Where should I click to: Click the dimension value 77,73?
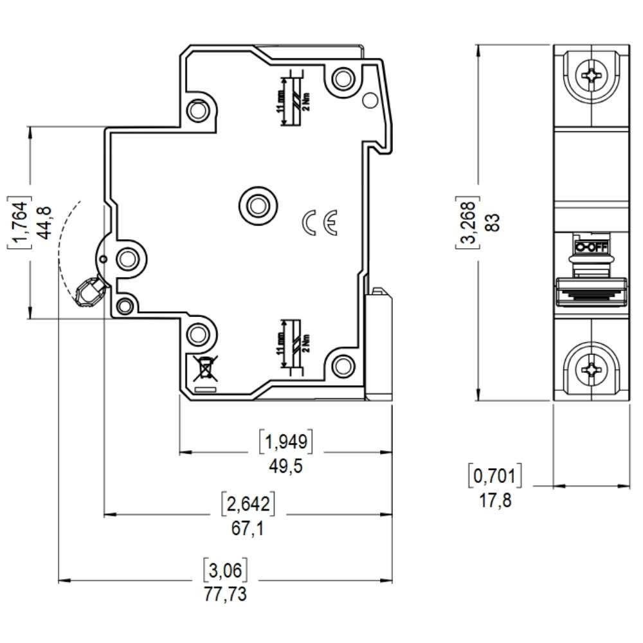click(225, 594)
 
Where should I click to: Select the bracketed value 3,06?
click(225, 569)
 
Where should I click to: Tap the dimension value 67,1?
click(248, 529)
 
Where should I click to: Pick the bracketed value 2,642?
click(248, 504)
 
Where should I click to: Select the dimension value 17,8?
click(495, 500)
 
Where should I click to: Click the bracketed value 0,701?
click(494, 475)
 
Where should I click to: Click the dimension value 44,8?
click(44, 222)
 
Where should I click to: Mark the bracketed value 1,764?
click(20, 222)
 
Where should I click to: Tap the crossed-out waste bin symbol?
click(204, 368)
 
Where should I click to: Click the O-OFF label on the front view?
click(591, 247)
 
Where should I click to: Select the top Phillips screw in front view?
click(591, 77)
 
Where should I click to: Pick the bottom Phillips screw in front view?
click(591, 368)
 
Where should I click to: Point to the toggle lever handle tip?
click(87, 294)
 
